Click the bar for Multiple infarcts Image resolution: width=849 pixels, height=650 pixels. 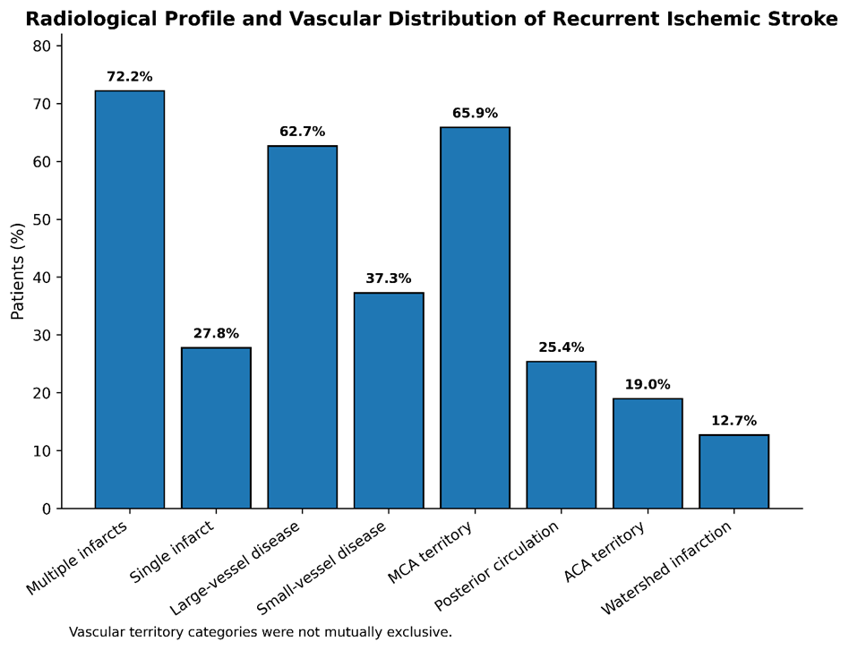click(129, 300)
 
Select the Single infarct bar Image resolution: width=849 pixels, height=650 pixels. click(216, 428)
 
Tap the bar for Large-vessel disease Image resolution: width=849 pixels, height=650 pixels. click(302, 327)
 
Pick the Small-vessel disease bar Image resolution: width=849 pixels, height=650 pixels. click(389, 400)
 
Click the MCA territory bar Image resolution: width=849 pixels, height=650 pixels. click(475, 318)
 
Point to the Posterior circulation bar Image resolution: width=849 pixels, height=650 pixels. click(562, 435)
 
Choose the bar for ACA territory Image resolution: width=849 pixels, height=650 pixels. click(647, 454)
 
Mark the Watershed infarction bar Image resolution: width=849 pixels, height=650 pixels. click(734, 472)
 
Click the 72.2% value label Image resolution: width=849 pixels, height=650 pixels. click(129, 76)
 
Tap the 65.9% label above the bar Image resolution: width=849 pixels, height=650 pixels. click(475, 113)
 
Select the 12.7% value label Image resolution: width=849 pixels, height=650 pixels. click(734, 421)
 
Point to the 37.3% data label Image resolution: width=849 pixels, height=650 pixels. click(389, 278)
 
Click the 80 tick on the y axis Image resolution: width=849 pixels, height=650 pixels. click(42, 46)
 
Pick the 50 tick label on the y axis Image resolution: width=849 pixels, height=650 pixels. click(42, 219)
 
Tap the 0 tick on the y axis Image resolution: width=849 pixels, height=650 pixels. click(47, 509)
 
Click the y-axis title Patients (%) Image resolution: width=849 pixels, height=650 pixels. click(17, 271)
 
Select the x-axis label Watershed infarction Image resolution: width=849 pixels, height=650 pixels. click(666, 568)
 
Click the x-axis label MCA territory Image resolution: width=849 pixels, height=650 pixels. click(431, 552)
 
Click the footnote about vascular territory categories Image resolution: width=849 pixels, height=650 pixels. click(261, 631)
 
